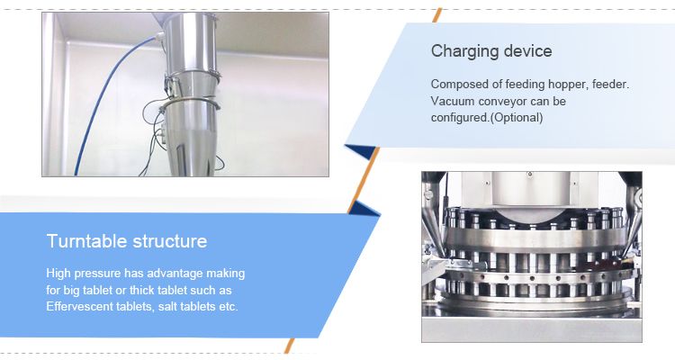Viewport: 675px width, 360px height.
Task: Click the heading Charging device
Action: pos(491,51)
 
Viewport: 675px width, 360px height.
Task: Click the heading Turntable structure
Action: pos(127,241)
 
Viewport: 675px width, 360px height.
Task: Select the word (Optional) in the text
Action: pos(517,118)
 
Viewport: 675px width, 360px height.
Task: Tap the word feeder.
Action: pos(610,85)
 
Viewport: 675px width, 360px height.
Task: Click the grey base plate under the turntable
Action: pos(532,330)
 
